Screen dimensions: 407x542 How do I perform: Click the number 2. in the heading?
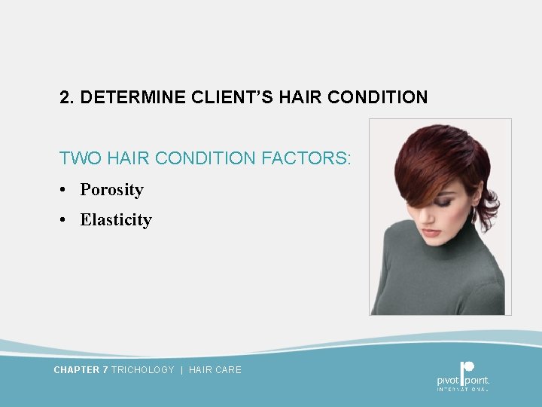pos(67,98)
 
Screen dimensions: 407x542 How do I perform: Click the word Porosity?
pos(111,190)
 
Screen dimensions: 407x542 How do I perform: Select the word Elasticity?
pos(116,220)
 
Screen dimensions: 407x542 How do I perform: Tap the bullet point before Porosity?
pos(65,190)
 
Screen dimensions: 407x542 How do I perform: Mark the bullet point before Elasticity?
pos(65,220)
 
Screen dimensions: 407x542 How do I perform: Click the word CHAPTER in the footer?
pos(77,370)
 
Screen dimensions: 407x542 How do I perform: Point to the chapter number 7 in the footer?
pos(105,370)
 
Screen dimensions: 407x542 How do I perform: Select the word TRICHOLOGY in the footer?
pos(142,370)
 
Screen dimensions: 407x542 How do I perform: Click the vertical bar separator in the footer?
pos(181,370)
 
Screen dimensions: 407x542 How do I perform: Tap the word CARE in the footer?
pos(229,370)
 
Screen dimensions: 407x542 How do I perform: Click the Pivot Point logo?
pos(463,375)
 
